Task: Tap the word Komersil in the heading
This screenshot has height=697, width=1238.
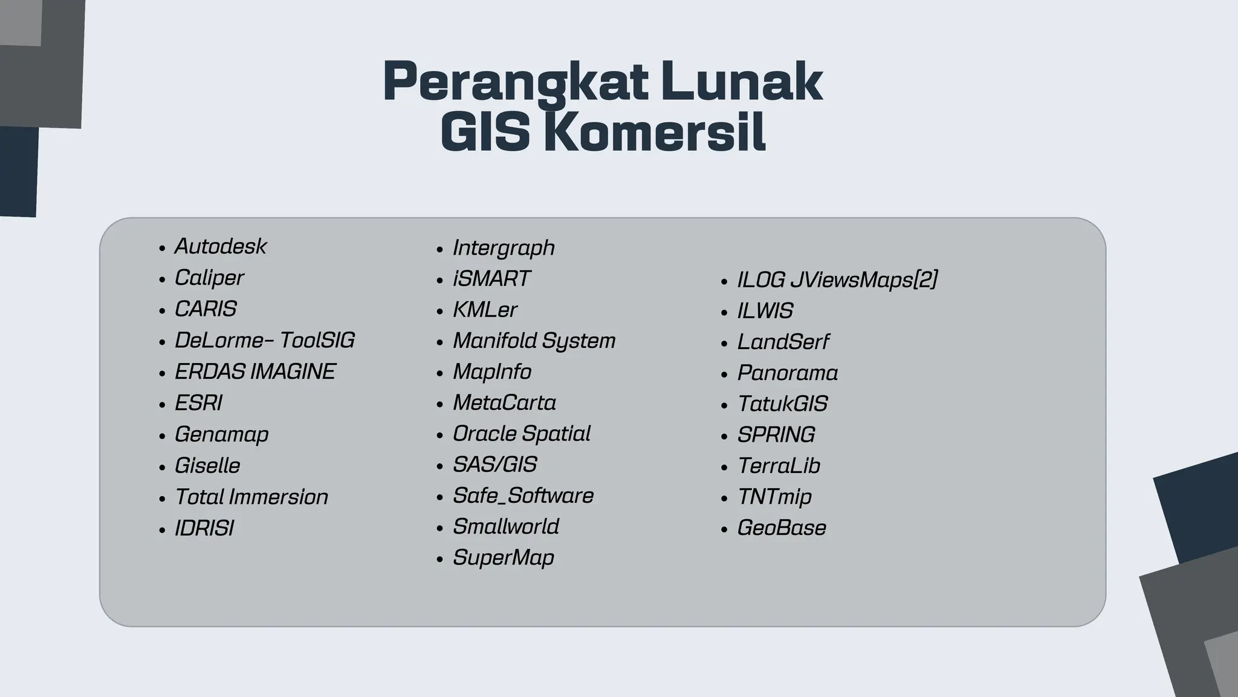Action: point(655,132)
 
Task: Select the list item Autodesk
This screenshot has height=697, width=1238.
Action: point(221,246)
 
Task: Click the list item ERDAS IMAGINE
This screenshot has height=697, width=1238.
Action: point(255,371)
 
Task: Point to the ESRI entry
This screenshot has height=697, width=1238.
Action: point(198,403)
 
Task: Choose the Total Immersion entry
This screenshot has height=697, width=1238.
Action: point(251,497)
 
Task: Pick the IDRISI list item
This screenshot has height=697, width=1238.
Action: point(204,528)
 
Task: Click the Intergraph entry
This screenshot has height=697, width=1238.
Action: point(504,247)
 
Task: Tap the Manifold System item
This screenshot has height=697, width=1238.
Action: point(534,341)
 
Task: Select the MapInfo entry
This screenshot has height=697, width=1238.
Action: point(492,371)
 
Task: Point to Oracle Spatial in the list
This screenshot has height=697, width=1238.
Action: point(522,433)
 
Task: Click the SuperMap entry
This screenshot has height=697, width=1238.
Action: point(504,557)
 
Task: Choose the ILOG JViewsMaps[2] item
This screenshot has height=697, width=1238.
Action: point(837,280)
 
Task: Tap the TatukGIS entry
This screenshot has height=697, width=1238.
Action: point(783,404)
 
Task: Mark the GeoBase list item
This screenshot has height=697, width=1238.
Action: point(782,528)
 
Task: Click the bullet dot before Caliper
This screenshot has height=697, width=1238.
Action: point(162,280)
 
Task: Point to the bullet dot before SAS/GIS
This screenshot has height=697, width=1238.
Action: point(440,466)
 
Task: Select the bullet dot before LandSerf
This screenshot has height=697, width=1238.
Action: point(725,344)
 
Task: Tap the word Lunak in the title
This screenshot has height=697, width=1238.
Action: point(741,82)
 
